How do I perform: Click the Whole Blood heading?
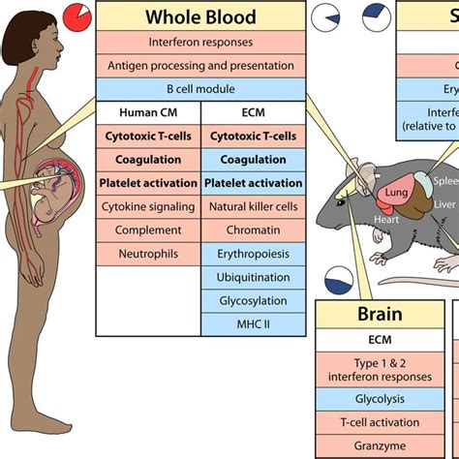pos(200,17)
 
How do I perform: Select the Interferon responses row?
pos(200,43)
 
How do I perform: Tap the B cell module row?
pos(200,89)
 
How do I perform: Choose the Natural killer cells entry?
pos(254,205)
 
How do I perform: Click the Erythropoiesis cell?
pos(254,253)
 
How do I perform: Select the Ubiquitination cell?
pos(254,277)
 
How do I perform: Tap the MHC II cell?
pos(254,323)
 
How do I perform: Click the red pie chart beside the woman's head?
pos(75,16)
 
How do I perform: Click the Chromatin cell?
pos(254,229)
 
